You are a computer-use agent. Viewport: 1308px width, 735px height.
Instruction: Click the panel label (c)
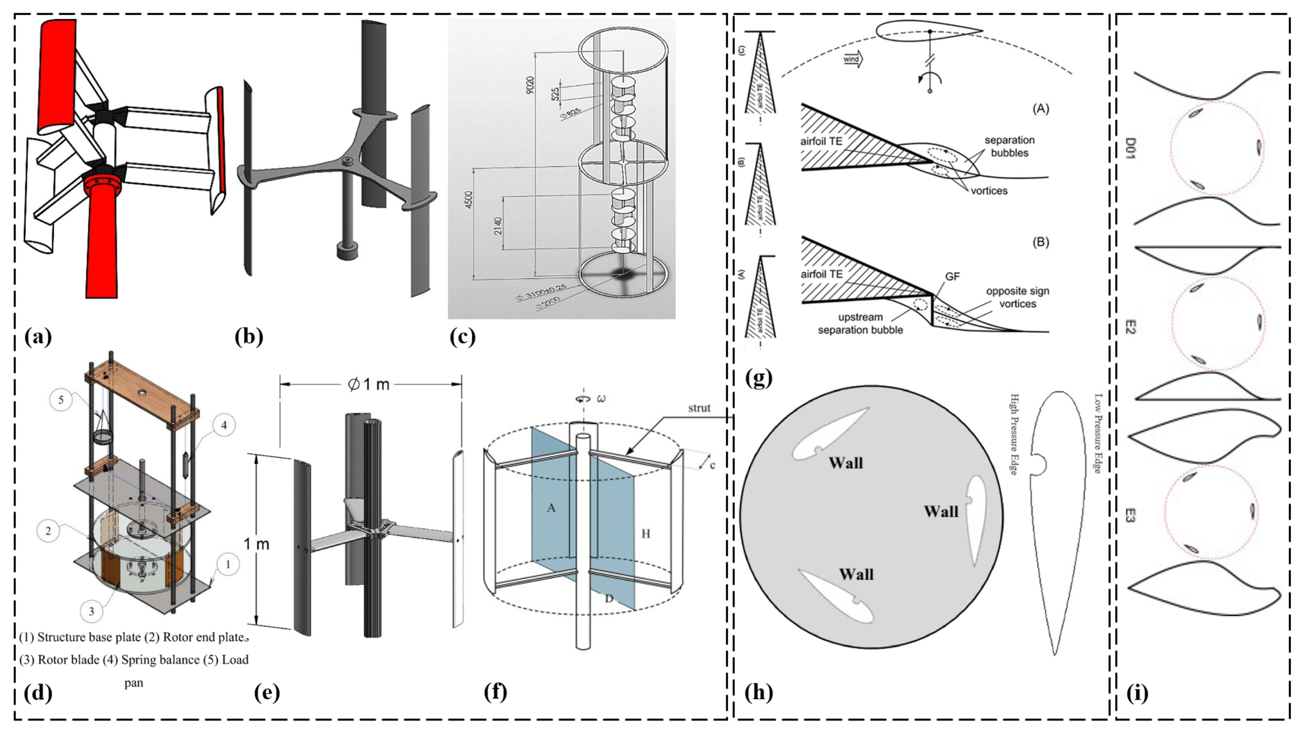pyautogui.click(x=462, y=337)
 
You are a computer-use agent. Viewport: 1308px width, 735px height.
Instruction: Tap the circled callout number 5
pyautogui.click(x=61, y=400)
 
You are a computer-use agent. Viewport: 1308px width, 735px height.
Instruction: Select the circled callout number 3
pyautogui.click(x=92, y=611)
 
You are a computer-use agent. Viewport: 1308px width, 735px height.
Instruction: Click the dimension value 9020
pyautogui.click(x=530, y=85)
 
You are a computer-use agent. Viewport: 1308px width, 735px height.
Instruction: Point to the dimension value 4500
pyautogui.click(x=469, y=199)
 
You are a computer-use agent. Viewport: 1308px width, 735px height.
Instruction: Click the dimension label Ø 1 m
pyautogui.click(x=368, y=385)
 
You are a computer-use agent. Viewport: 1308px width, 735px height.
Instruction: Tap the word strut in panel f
pyautogui.click(x=699, y=408)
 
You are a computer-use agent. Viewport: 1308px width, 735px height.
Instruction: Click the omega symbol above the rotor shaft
pyautogui.click(x=601, y=399)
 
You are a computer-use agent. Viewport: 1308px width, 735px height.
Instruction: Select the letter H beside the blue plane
pyautogui.click(x=645, y=533)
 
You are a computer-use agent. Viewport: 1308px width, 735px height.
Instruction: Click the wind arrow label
pyautogui.click(x=852, y=59)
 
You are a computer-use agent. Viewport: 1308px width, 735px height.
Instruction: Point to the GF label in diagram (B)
pyautogui.click(x=952, y=276)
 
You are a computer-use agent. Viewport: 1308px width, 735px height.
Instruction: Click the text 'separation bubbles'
pyautogui.click(x=1009, y=146)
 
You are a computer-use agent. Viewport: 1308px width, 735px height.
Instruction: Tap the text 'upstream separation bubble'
pyautogui.click(x=860, y=324)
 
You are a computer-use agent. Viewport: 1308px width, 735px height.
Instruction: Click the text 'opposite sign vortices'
pyautogui.click(x=1017, y=298)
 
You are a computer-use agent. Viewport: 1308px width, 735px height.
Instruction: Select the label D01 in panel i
pyautogui.click(x=1130, y=148)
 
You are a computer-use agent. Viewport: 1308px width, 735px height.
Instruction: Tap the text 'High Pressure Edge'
pyautogui.click(x=1014, y=434)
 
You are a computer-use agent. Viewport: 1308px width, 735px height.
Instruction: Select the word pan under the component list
pyautogui.click(x=134, y=683)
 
